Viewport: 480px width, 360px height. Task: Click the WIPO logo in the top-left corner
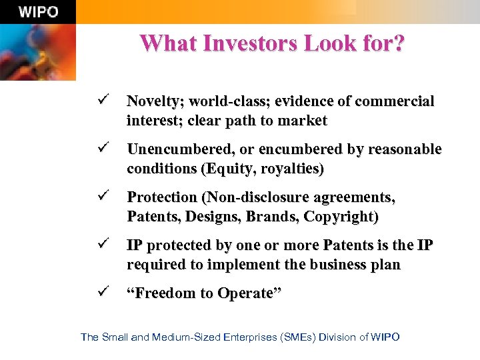[x=38, y=12]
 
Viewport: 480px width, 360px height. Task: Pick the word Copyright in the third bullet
[x=342, y=217]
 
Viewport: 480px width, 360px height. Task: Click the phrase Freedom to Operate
[x=204, y=294]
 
